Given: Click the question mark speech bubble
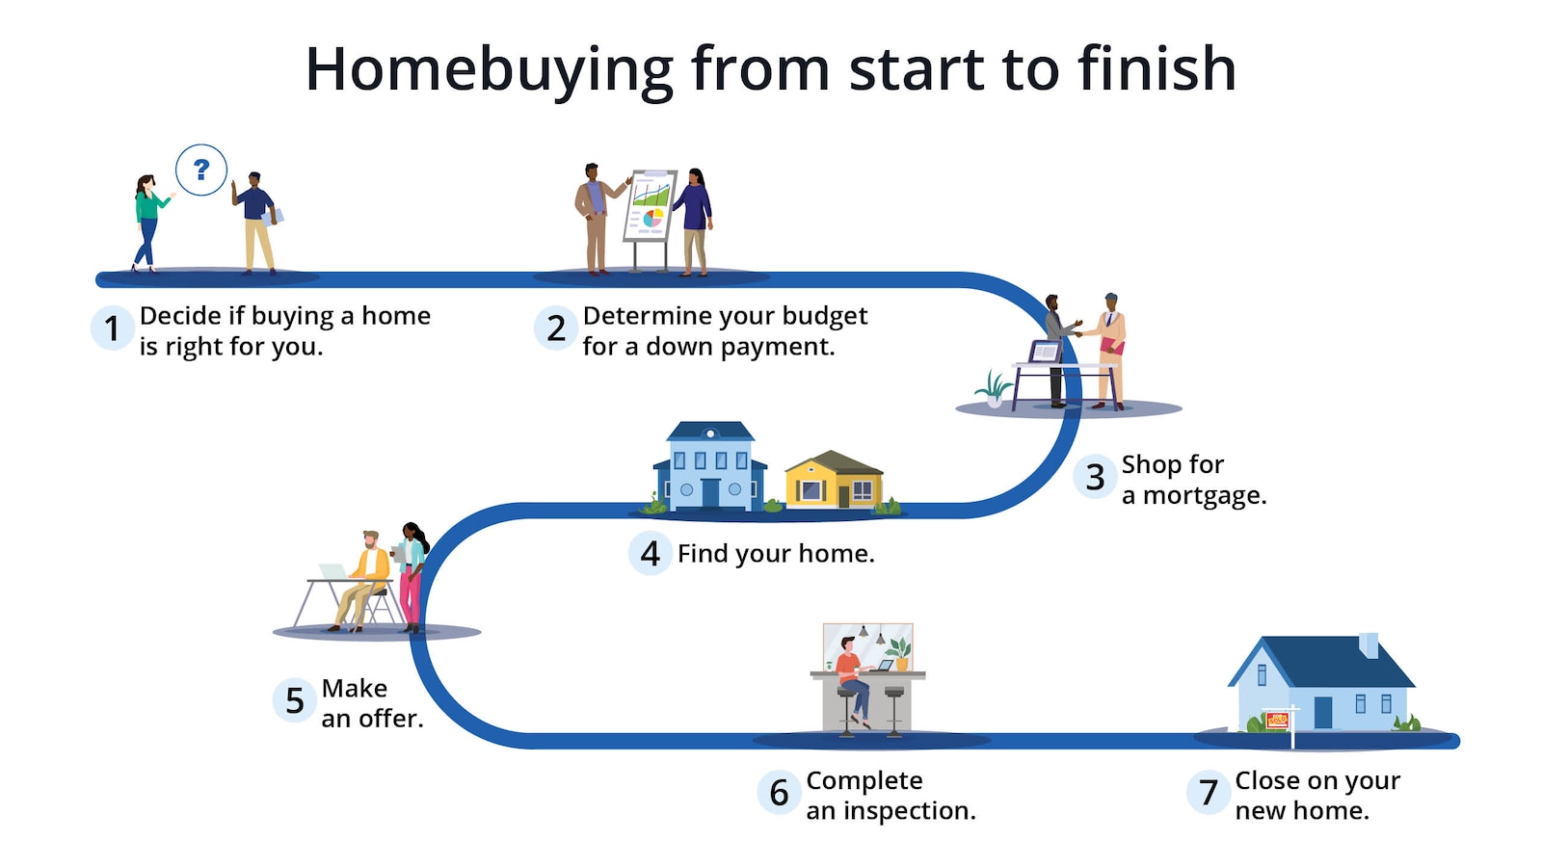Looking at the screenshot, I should click(201, 171).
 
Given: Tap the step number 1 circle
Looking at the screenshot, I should click(112, 328).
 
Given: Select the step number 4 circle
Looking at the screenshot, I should click(651, 554).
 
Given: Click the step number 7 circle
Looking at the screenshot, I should click(1209, 793).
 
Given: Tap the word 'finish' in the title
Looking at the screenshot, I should click(1156, 69).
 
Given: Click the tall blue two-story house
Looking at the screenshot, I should click(710, 465).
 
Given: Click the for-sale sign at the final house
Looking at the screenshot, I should click(1277, 720).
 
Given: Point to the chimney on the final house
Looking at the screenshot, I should click(1369, 644).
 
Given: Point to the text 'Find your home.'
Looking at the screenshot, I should click(776, 554).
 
